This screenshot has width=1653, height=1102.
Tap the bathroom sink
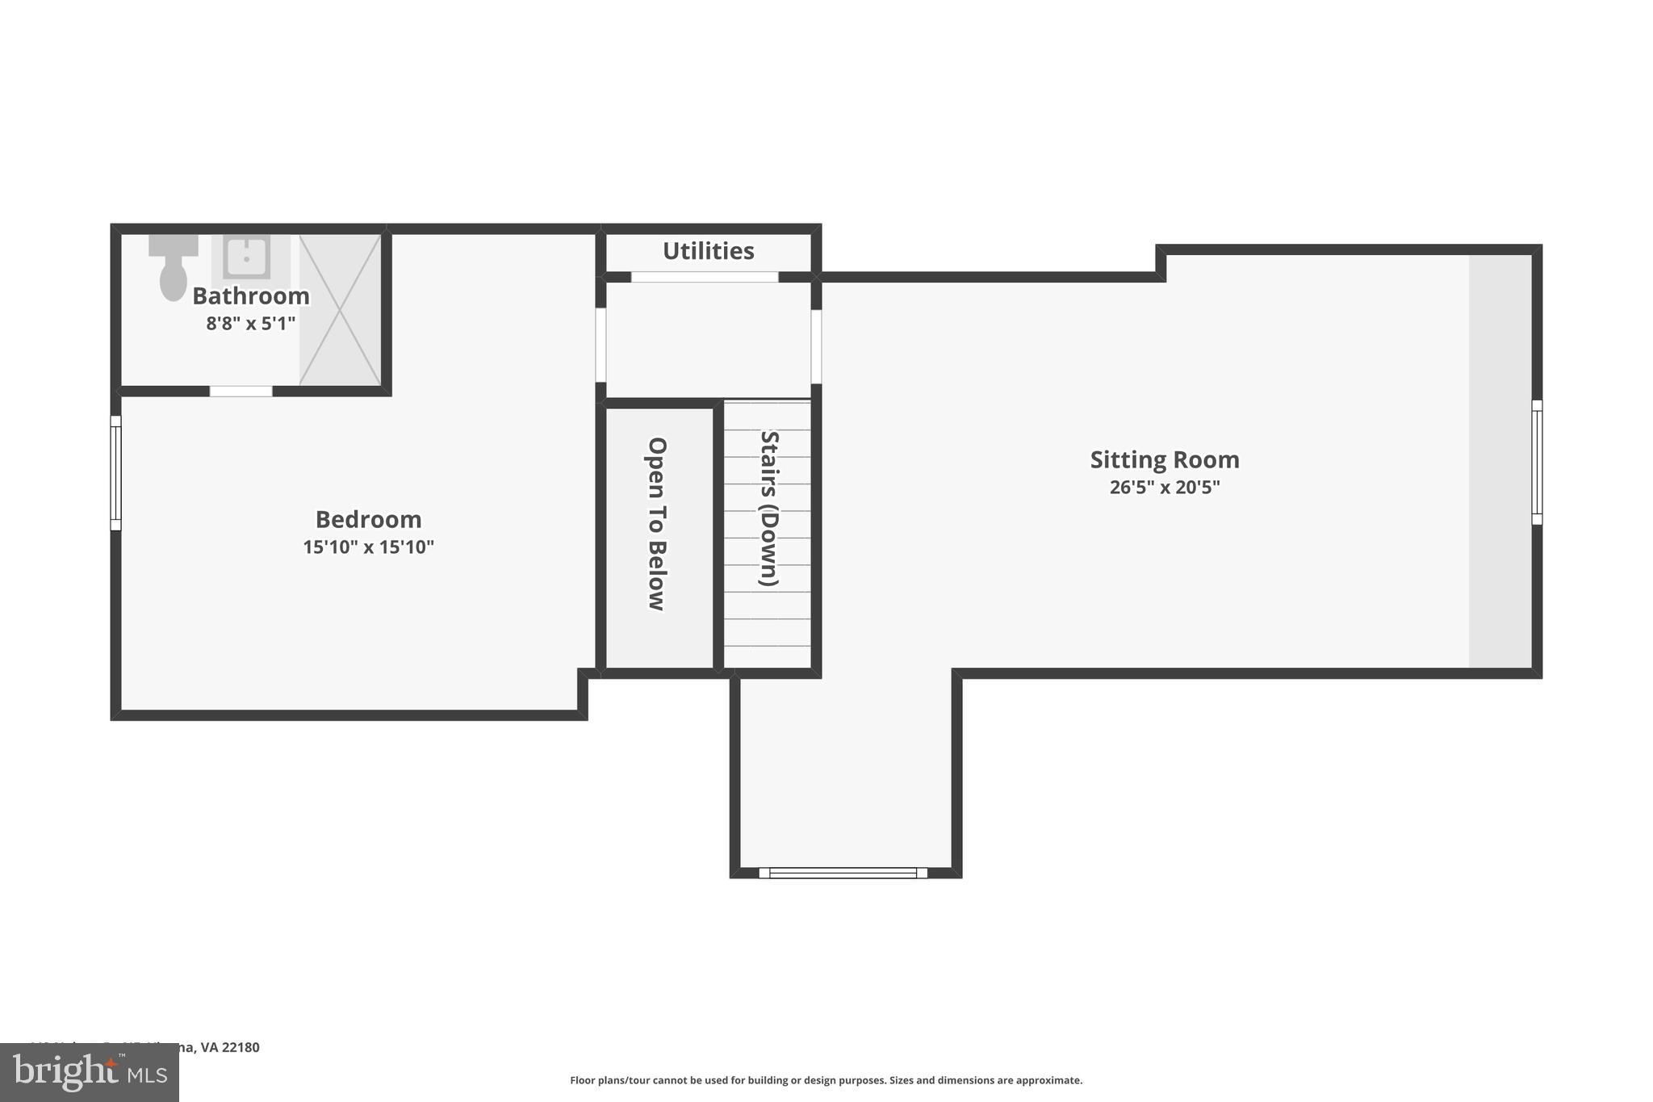point(246,257)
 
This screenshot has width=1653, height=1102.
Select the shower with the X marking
point(340,310)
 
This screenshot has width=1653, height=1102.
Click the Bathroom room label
point(250,296)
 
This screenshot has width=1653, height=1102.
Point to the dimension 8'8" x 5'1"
point(250,324)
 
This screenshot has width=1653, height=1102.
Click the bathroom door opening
point(241,392)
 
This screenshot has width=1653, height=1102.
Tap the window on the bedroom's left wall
point(115,473)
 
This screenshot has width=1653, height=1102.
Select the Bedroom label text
point(368,519)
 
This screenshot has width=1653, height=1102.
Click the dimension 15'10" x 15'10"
point(368,547)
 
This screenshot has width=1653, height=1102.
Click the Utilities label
point(708,251)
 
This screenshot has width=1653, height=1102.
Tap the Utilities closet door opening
point(704,277)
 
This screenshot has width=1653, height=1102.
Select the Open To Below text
point(657,524)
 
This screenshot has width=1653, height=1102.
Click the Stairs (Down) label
point(769,509)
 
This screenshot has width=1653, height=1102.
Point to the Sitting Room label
point(1164,459)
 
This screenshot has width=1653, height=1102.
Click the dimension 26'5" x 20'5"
point(1164,488)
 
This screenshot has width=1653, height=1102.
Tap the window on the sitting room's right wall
point(1536,463)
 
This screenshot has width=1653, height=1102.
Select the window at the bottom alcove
point(843,873)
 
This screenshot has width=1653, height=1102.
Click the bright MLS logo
point(89,1072)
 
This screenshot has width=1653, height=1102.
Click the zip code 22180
point(241,1048)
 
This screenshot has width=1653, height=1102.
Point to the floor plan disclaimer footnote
point(826,1080)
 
